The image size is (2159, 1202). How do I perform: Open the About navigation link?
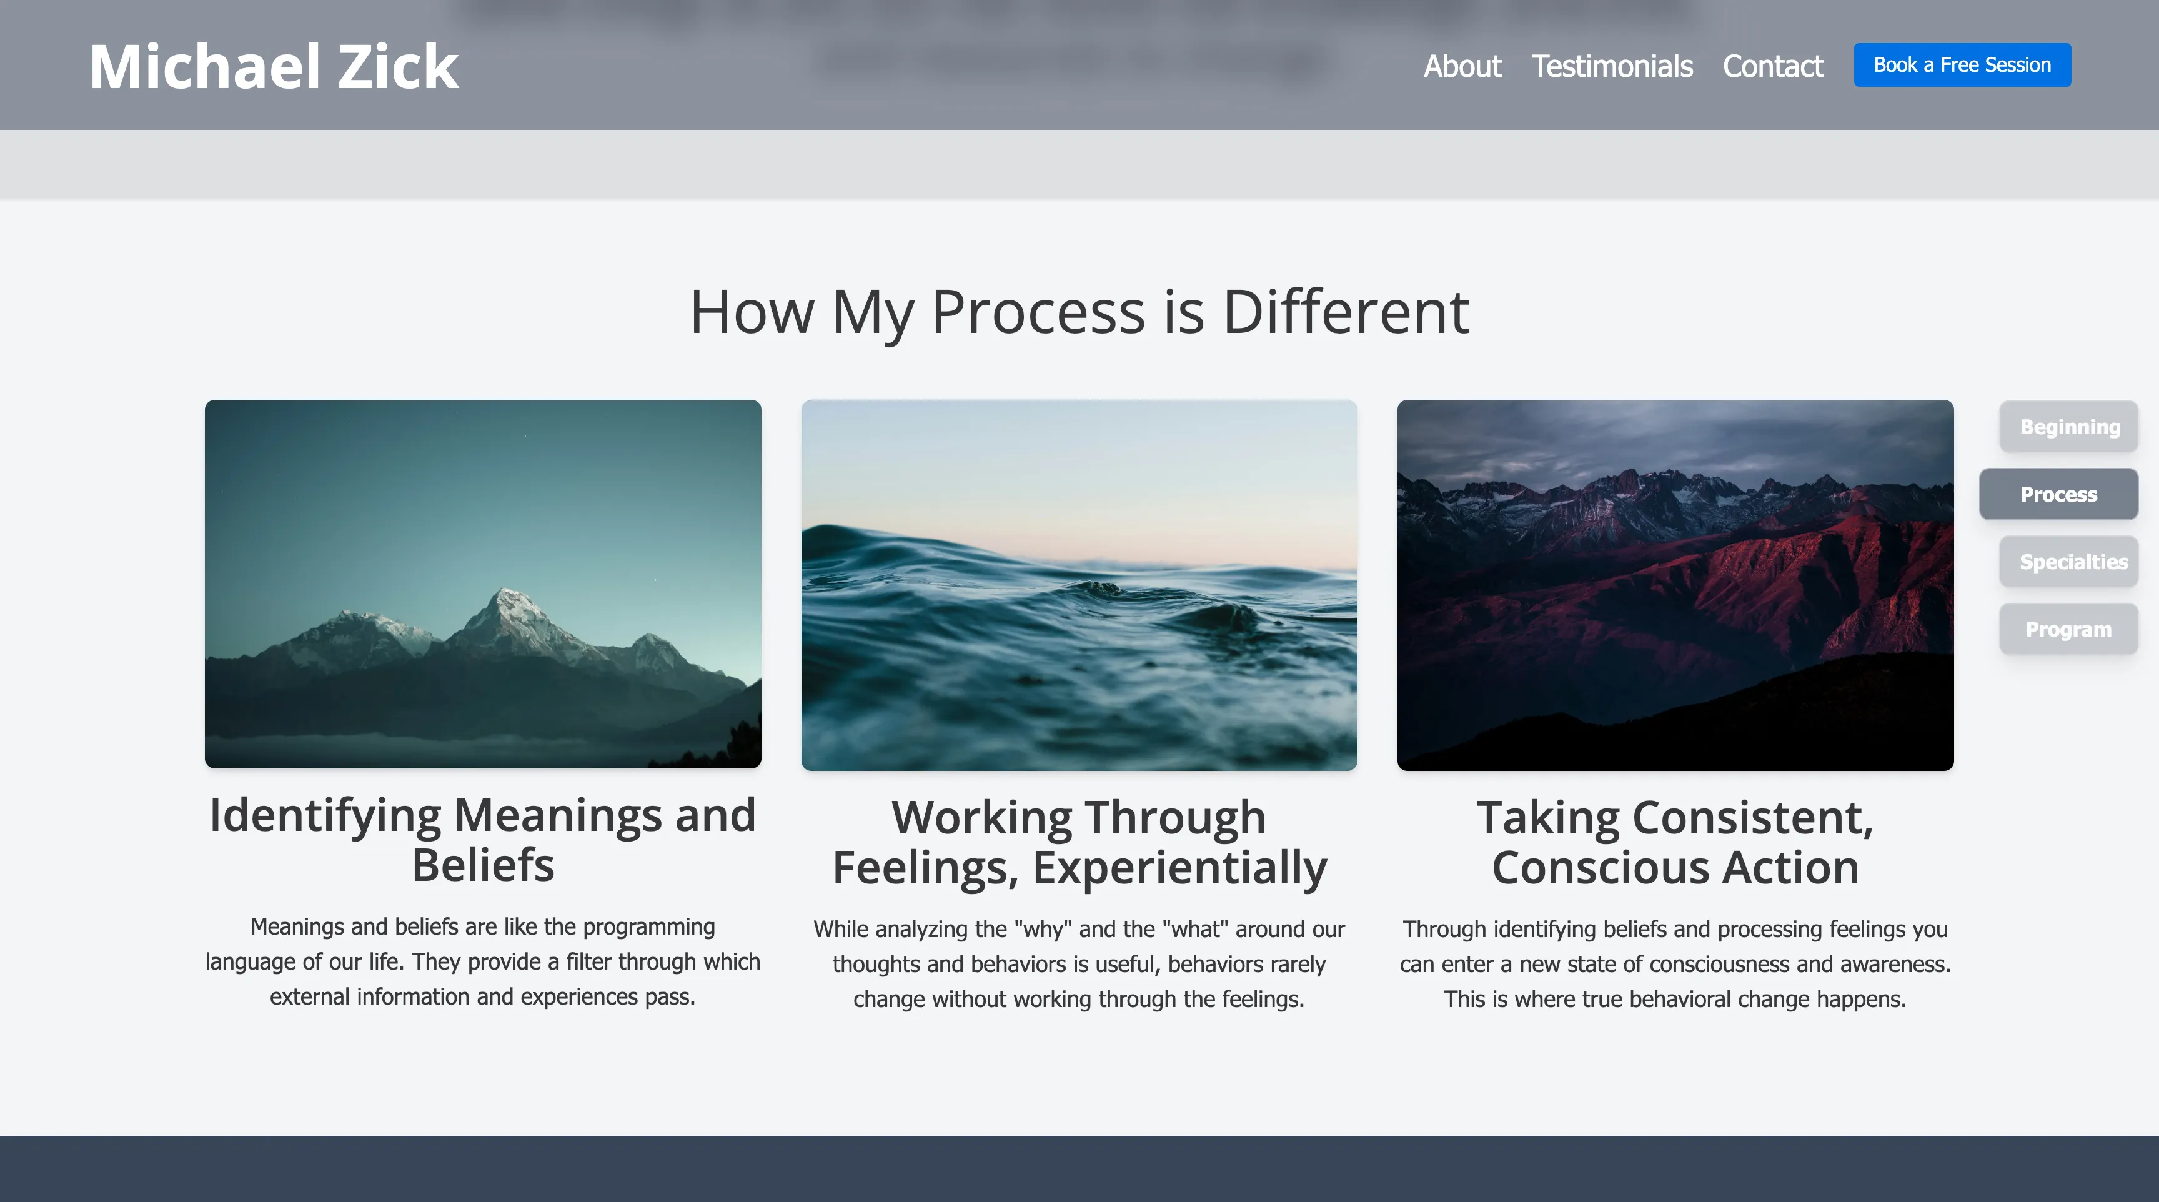coord(1462,66)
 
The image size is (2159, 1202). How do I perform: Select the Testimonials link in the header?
coord(1612,66)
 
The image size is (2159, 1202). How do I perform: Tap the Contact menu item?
coord(1773,66)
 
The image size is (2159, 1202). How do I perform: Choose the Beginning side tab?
coord(2068,427)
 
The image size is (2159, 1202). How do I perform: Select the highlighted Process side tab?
coord(2058,495)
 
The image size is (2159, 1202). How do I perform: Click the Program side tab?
coord(2068,630)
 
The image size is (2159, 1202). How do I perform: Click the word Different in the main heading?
coord(1345,312)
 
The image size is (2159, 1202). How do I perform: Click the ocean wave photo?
coord(1079,585)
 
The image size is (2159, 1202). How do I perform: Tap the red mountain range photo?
coord(1675,585)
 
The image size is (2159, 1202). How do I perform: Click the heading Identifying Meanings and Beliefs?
coord(483,840)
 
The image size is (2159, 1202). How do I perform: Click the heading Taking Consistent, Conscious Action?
coord(1675,842)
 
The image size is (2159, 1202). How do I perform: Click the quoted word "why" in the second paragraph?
coord(1043,930)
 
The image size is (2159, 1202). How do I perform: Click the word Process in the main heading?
coord(1038,312)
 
